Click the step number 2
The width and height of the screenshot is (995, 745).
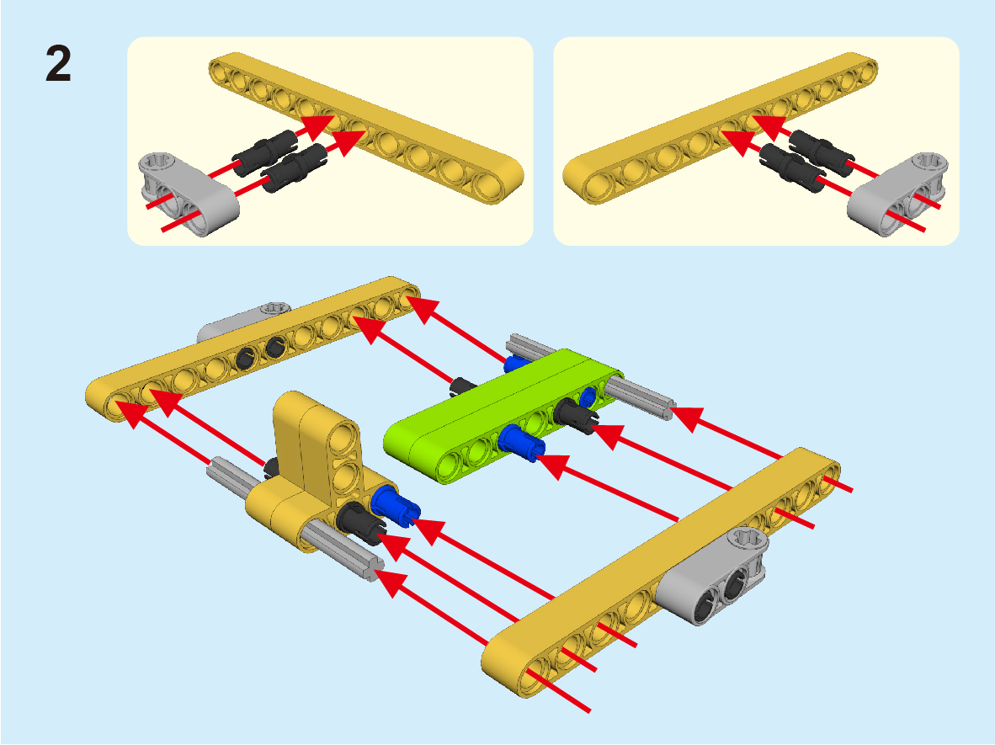click(x=58, y=64)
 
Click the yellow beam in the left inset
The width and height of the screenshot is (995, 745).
click(x=366, y=128)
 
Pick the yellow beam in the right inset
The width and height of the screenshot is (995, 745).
click(x=721, y=128)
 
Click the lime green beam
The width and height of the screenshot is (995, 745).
click(x=502, y=416)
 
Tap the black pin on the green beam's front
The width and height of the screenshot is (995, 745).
click(x=576, y=416)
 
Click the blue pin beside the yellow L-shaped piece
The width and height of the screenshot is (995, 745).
click(x=396, y=506)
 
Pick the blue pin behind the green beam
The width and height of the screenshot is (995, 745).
click(x=517, y=364)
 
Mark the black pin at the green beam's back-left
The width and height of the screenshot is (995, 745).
click(x=463, y=386)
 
